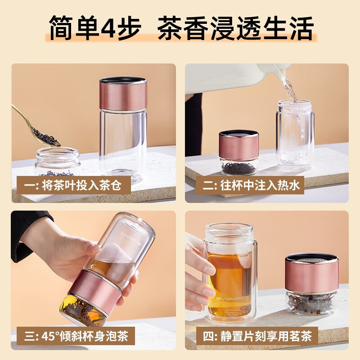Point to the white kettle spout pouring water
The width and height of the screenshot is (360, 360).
[284, 74]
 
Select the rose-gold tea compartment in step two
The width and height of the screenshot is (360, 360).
[238, 148]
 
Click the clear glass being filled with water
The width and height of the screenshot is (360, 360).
[295, 135]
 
